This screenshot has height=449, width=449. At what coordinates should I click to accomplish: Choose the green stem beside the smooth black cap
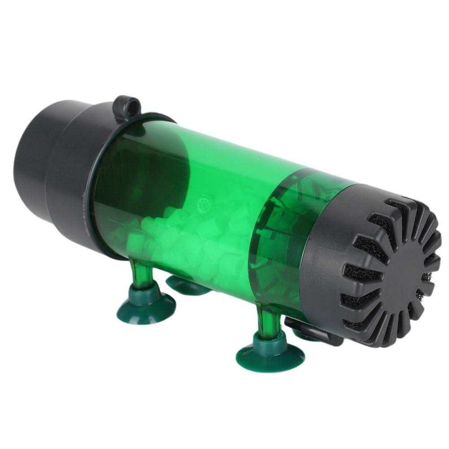135,274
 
